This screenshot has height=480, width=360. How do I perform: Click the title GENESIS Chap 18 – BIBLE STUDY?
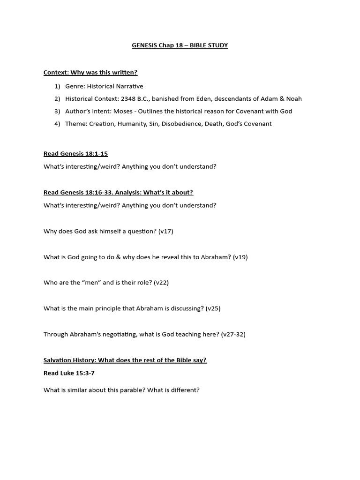point(180,45)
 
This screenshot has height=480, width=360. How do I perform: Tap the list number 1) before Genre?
point(57,86)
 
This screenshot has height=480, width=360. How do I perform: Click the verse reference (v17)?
point(165,231)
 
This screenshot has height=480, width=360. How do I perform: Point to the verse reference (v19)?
point(240,257)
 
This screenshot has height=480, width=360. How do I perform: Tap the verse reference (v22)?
point(161,283)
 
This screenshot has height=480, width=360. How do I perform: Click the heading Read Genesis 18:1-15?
point(75,154)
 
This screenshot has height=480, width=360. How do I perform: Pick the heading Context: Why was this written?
point(90,73)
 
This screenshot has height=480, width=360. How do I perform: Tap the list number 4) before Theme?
point(57,124)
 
